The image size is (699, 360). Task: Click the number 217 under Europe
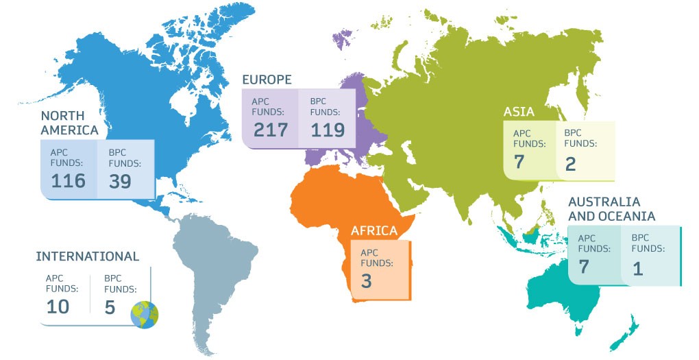(x=271, y=130)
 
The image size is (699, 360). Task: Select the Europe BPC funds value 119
(x=328, y=130)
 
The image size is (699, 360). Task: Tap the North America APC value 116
(x=68, y=180)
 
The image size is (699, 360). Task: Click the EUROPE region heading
(x=267, y=80)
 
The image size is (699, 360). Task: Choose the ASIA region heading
(x=519, y=112)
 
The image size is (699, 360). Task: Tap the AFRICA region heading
(x=374, y=230)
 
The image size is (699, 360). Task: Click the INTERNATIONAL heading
(x=87, y=256)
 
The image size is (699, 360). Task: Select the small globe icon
(x=145, y=314)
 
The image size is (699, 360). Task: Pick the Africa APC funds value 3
(x=366, y=280)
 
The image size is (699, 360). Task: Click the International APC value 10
(x=58, y=306)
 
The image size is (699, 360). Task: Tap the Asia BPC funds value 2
(x=571, y=163)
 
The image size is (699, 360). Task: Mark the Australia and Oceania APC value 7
(x=585, y=267)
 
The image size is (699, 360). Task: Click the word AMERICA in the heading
(x=69, y=130)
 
